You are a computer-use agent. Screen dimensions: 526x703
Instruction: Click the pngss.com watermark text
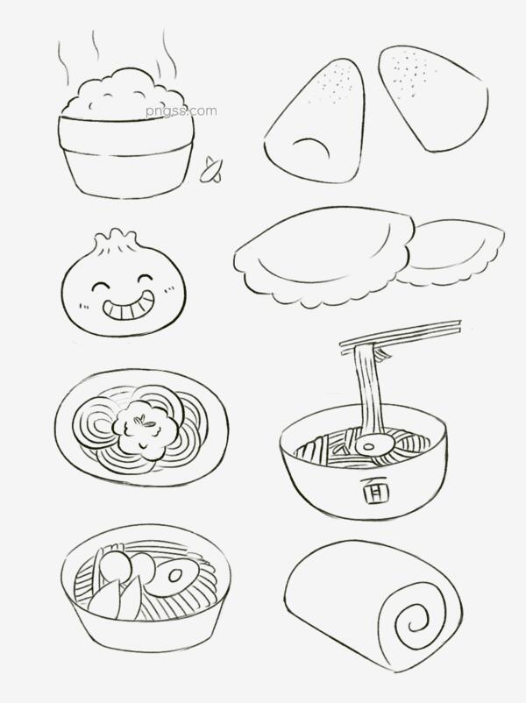click(181, 110)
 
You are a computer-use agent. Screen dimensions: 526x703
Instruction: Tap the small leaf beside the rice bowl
click(210, 170)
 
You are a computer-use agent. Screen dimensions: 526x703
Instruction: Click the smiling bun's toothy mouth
click(128, 307)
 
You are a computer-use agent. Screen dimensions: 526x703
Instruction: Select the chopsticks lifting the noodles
click(400, 336)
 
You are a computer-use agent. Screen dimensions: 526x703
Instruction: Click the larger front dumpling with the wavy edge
click(322, 256)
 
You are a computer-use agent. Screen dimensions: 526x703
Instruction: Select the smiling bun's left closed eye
click(103, 286)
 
